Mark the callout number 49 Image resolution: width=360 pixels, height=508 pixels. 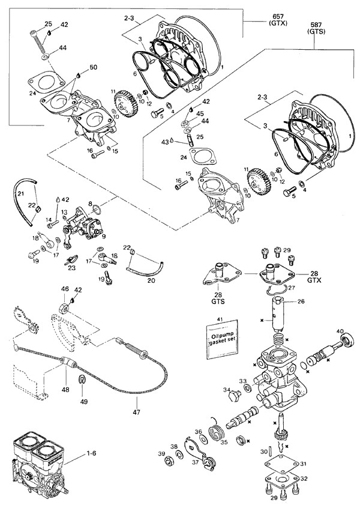click(x=82, y=401)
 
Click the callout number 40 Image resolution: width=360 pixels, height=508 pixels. click(x=340, y=331)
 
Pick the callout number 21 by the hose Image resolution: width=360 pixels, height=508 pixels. click(x=20, y=193)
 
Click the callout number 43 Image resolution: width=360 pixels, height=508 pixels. click(x=164, y=142)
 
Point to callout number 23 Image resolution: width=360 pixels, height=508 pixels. click(x=72, y=268)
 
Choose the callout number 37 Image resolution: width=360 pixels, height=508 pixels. click(x=197, y=462)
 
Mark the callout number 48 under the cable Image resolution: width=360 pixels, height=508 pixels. click(x=65, y=389)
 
